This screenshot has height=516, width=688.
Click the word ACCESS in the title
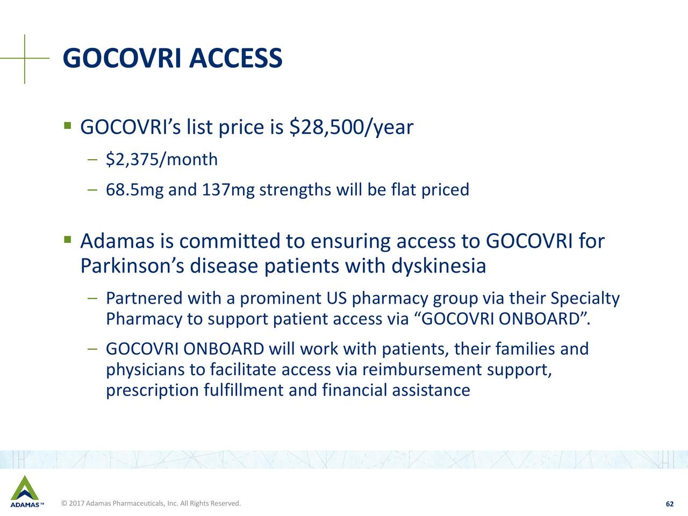235,58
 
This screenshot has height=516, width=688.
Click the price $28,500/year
351,127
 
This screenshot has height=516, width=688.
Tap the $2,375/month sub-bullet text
162,160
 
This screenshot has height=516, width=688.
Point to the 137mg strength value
228,190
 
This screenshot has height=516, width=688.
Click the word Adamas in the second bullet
117,241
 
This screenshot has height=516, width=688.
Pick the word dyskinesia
439,266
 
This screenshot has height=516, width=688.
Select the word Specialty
585,299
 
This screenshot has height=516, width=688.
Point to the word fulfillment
243,390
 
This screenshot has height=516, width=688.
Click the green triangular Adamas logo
25,489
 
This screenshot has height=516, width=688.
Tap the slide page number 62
670,504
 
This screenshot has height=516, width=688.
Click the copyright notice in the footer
151,504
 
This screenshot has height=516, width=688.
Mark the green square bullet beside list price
67,126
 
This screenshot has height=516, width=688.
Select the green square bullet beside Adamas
67,240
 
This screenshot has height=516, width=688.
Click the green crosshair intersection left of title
25,58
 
